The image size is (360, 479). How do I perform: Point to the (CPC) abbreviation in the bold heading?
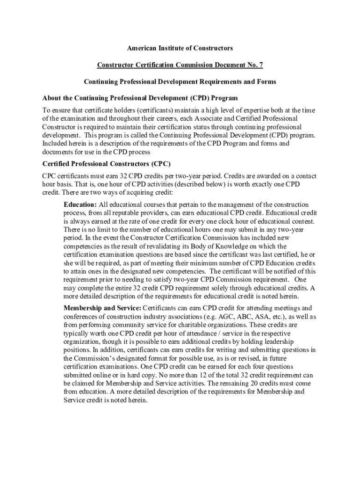pos(161,164)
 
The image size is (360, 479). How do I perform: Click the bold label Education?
pos(80,205)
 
